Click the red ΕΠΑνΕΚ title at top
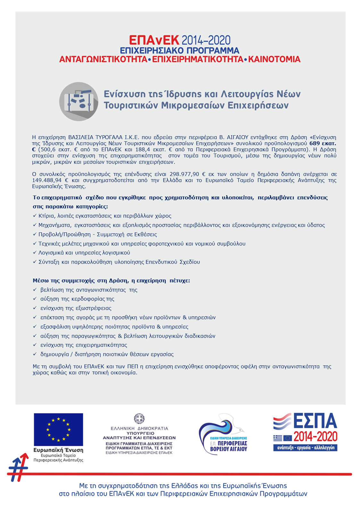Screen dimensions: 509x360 click(154, 40)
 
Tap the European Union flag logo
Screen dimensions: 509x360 click(58, 429)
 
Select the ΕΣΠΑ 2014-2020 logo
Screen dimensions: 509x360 click(305, 432)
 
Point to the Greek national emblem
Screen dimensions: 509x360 click(139, 418)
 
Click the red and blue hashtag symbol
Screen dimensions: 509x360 click(18, 468)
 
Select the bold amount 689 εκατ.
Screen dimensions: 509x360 click(322, 143)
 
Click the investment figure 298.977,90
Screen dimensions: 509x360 click(184, 174)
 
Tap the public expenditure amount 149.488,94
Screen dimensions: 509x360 click(47, 180)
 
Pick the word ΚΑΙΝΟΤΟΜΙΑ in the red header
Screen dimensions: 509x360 click(274, 59)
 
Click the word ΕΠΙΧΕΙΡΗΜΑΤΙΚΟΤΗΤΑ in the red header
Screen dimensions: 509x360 click(198, 59)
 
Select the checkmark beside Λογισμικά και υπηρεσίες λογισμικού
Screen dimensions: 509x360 click(35, 253)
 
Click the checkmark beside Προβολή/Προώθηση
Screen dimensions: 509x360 click(35, 234)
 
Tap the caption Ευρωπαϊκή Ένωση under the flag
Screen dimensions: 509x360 click(58, 450)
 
